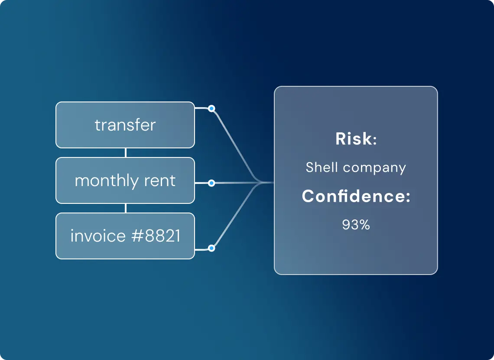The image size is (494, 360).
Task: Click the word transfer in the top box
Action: (x=125, y=125)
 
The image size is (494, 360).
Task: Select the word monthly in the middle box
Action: (x=107, y=181)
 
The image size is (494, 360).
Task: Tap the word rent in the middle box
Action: (x=160, y=181)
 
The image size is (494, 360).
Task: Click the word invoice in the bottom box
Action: (x=97, y=236)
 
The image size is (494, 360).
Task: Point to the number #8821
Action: (x=156, y=236)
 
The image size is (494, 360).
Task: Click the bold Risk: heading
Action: (x=356, y=139)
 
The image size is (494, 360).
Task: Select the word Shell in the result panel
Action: (x=322, y=167)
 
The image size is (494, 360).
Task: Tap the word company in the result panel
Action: (x=374, y=168)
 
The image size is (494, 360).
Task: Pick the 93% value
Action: (x=356, y=225)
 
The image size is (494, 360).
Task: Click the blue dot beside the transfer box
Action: (x=212, y=109)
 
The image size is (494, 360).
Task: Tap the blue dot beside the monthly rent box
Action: (x=212, y=183)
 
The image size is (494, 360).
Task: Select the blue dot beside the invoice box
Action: (x=212, y=248)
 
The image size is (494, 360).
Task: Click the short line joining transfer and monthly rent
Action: (x=126, y=153)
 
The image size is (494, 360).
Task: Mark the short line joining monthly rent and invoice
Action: (x=126, y=208)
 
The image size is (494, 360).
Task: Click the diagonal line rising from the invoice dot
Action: (x=236, y=214)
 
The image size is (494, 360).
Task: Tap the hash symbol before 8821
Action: (x=137, y=236)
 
